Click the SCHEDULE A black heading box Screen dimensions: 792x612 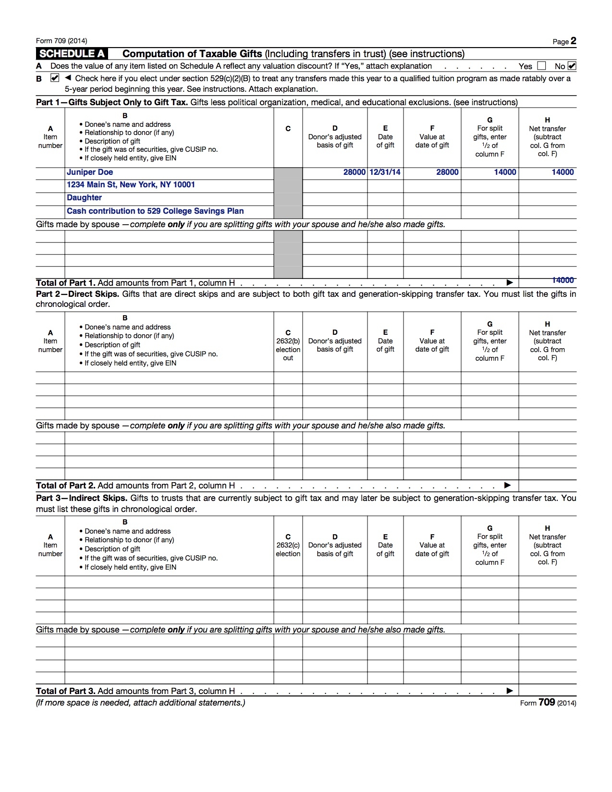pyautogui.click(x=72, y=54)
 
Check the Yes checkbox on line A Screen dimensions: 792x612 pyautogui.click(x=541, y=66)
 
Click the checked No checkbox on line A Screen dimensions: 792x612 pyautogui.click(x=572, y=66)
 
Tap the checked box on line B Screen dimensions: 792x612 pyautogui.click(x=55, y=78)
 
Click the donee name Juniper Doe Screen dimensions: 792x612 pyautogui.click(x=90, y=172)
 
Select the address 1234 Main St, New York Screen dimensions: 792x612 pyautogui.click(x=131, y=185)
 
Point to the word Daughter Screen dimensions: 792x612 pyautogui.click(x=84, y=198)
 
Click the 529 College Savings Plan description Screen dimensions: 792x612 pyautogui.click(x=155, y=211)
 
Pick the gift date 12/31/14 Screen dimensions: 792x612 pyautogui.click(x=385, y=172)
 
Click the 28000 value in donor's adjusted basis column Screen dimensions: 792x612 pyautogui.click(x=354, y=172)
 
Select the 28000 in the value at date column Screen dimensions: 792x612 pyautogui.click(x=447, y=172)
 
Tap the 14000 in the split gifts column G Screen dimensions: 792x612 pyautogui.click(x=505, y=172)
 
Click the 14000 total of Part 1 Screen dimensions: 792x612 pyautogui.click(x=563, y=280)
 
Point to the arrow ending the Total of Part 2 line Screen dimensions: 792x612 pyautogui.click(x=508, y=486)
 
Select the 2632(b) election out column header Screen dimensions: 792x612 pyautogui.click(x=288, y=345)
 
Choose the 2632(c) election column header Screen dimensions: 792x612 pyautogui.click(x=288, y=545)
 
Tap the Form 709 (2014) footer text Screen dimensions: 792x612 pyautogui.click(x=548, y=703)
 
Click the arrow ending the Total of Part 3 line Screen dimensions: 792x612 pyautogui.click(x=510, y=691)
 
